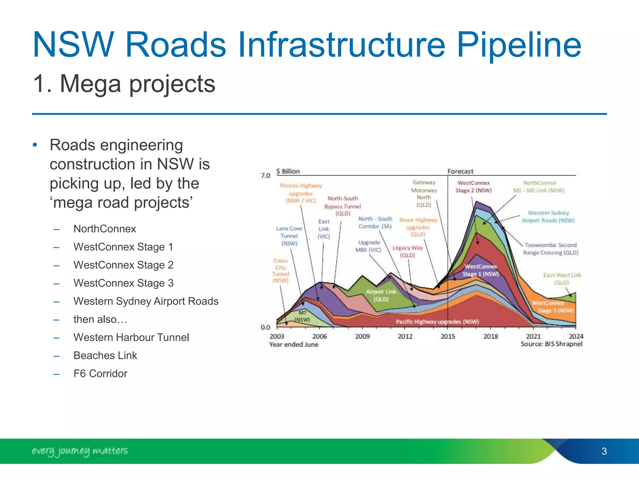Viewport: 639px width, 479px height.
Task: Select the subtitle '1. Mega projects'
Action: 124,84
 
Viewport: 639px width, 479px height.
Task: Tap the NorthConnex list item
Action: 105,229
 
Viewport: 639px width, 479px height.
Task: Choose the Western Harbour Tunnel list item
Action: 131,337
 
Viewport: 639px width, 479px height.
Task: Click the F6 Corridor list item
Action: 100,374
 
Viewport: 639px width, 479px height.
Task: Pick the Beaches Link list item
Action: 105,356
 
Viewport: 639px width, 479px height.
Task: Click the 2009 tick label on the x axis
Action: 362,336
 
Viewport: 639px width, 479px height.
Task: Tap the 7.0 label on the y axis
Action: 265,176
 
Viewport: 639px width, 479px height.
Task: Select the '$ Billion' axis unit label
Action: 288,171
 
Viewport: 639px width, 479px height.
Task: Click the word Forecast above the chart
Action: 460,171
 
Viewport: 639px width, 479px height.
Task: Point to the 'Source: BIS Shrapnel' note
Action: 551,344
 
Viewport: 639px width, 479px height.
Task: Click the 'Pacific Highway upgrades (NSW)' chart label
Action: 437,322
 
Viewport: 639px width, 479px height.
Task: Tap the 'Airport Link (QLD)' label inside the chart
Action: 381,295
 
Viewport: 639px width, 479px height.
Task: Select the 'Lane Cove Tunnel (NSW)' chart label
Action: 289,236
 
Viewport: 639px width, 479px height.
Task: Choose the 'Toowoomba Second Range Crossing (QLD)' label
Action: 551,249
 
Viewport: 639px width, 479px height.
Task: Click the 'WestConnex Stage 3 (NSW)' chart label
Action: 552,307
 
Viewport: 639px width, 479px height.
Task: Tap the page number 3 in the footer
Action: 604,451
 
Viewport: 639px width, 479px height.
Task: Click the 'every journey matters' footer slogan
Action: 80,451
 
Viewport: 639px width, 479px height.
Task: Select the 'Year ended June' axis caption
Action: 294,344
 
